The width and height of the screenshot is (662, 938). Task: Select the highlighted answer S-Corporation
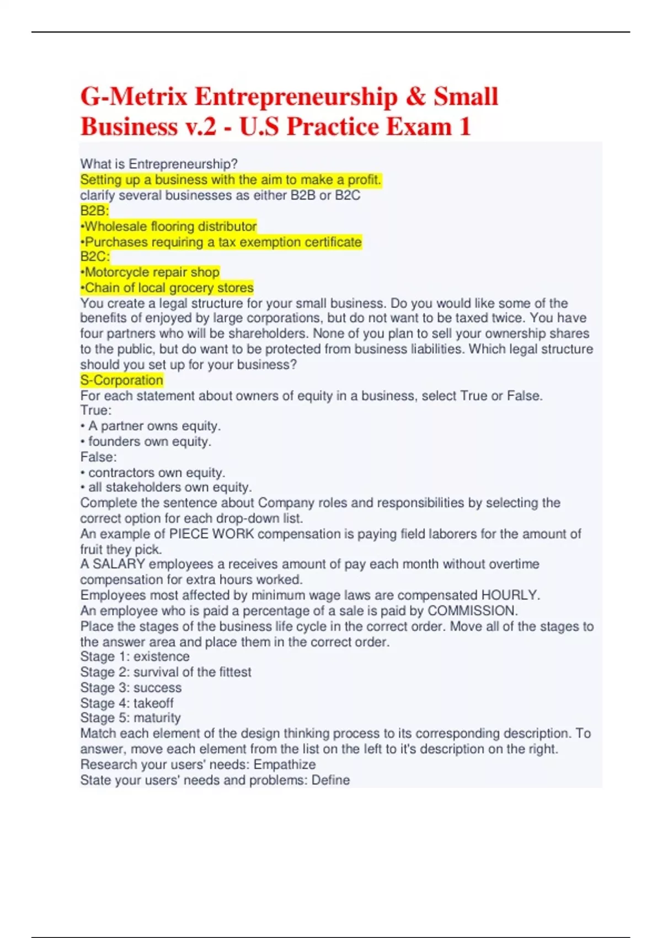pos(121,380)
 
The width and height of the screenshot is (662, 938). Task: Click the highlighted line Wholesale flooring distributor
pos(169,226)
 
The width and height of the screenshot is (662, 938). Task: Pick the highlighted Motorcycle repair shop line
pos(150,272)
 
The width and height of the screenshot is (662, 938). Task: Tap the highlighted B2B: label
pos(94,211)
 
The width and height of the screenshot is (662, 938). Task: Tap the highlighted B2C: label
pos(95,257)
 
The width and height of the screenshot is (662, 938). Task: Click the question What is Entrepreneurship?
pos(159,164)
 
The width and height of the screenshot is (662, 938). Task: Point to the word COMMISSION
pos(472,611)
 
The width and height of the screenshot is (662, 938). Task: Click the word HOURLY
pos(510,595)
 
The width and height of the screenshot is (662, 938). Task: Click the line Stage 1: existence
pos(135,657)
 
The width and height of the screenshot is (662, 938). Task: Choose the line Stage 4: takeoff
pos(127,703)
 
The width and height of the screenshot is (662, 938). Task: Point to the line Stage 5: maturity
pos(130,718)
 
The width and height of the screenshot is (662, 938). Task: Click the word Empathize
pos(285,764)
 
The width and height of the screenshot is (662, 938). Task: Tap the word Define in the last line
pos(330,780)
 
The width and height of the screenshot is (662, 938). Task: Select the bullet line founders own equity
pos(149,441)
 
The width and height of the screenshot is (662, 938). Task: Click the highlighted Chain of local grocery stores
pos(167,287)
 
